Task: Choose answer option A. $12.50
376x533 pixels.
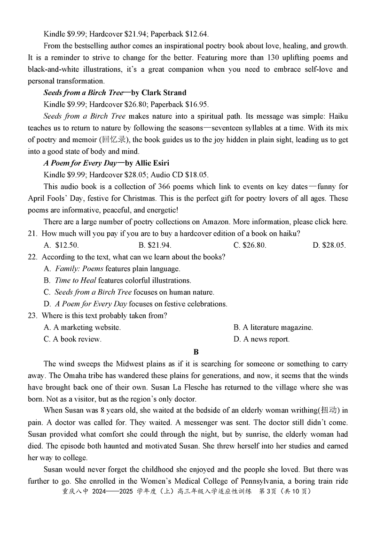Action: (x=61, y=245)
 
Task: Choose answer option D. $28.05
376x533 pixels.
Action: (x=329, y=245)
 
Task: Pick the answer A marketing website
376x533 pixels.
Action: (x=82, y=327)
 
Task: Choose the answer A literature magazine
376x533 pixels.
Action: (x=273, y=327)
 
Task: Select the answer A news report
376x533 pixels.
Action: (x=261, y=339)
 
